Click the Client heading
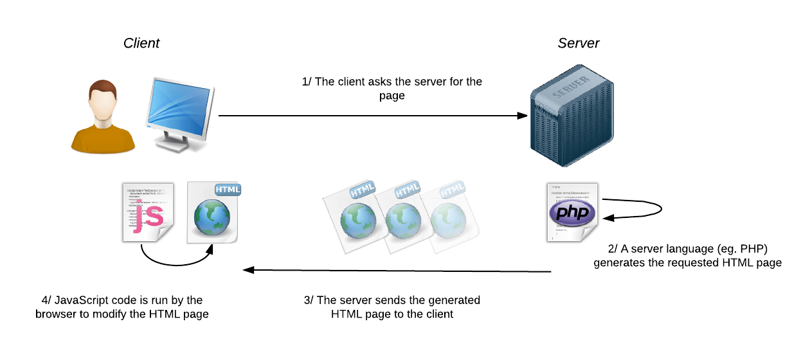pyautogui.click(x=141, y=43)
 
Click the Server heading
pyautogui.click(x=578, y=43)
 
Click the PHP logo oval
pyautogui.click(x=572, y=213)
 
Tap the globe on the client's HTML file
pyautogui.click(x=212, y=219)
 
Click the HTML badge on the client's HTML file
pyautogui.click(x=228, y=190)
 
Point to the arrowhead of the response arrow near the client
pyautogui.click(x=246, y=270)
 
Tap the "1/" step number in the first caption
pyautogui.click(x=307, y=82)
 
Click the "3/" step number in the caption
pyautogui.click(x=309, y=300)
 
